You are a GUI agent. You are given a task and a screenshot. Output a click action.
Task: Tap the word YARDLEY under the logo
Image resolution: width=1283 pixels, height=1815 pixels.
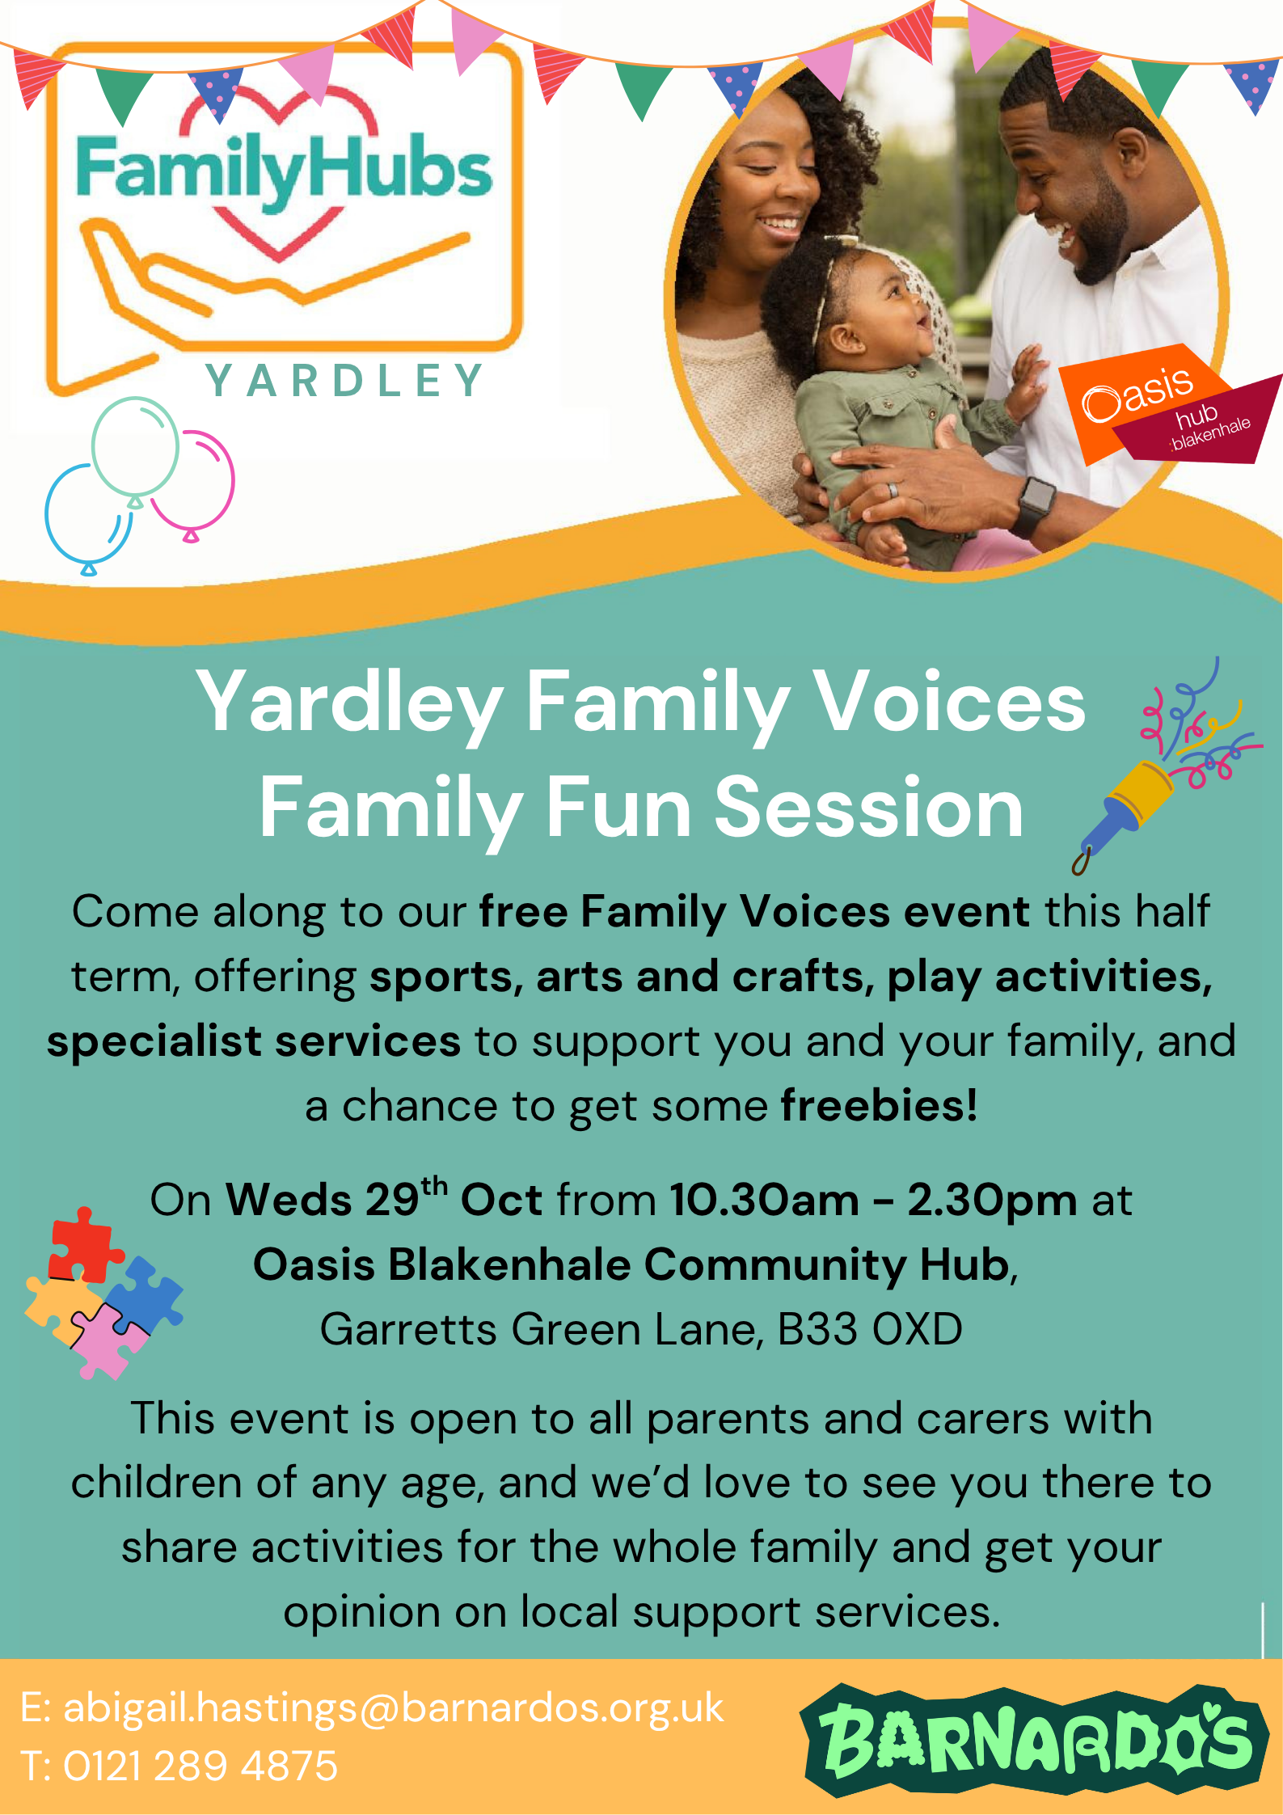coord(344,381)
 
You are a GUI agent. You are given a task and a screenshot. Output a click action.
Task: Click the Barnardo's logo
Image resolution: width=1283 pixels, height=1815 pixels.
coord(1034,1738)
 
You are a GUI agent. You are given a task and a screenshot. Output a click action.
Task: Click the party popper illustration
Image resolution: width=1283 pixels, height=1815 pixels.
coord(1156,776)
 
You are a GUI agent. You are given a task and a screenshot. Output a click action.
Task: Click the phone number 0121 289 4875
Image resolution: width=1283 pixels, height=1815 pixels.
coord(200,1765)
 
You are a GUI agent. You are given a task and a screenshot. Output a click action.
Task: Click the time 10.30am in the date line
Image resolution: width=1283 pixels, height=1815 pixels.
coord(764,1200)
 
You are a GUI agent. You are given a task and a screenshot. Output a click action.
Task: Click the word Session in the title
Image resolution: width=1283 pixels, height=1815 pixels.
coord(868,808)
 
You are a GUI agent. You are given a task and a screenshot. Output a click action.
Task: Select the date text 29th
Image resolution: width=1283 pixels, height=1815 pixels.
coord(405,1198)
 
